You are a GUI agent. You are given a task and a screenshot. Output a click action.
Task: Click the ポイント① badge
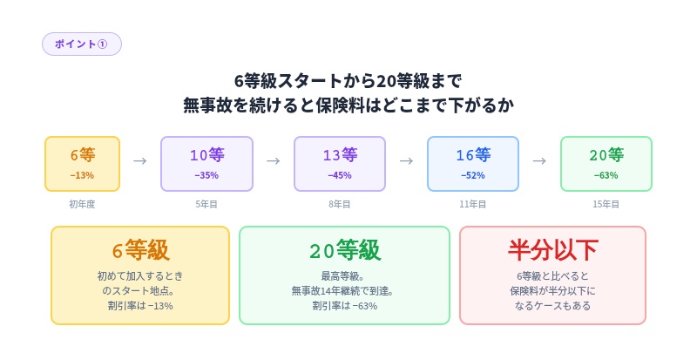[81, 44]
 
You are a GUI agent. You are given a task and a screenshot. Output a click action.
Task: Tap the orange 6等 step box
[83, 163]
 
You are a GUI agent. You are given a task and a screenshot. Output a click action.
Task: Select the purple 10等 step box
[206, 163]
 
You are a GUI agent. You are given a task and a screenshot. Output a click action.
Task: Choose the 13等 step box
[340, 163]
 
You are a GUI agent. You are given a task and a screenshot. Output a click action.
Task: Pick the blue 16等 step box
[473, 163]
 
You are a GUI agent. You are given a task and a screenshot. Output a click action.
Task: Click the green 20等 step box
[606, 163]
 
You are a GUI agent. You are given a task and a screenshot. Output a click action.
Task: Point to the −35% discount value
[206, 175]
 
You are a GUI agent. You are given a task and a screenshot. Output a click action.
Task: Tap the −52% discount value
[473, 175]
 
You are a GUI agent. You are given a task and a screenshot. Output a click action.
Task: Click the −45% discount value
[340, 175]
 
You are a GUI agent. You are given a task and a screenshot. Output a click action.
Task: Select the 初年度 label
[83, 204]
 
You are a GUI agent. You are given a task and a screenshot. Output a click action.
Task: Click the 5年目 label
[206, 204]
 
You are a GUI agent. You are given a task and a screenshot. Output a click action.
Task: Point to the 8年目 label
[340, 204]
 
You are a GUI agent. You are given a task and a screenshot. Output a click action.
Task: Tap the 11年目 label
[473, 204]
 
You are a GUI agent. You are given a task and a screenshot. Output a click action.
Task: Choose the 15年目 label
[606, 204]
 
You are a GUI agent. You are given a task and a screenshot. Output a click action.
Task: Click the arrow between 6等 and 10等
[140, 161]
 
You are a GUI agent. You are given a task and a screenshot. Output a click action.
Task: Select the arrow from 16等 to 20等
[539, 161]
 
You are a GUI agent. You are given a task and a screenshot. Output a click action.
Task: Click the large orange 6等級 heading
[140, 250]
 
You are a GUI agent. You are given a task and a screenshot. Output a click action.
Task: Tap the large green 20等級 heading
[344, 250]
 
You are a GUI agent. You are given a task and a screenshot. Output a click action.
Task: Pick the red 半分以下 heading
[552, 250]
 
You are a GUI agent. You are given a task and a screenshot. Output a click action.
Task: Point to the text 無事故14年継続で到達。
[344, 291]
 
